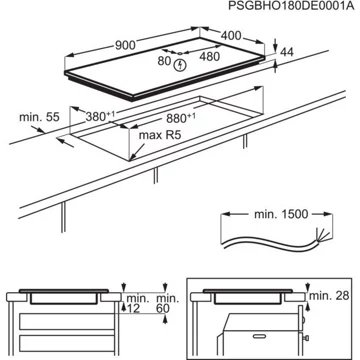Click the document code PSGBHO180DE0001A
(x=290, y=7)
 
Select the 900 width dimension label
(x=125, y=45)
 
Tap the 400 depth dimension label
(x=231, y=35)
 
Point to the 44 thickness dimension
(x=287, y=52)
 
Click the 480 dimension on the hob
(x=210, y=57)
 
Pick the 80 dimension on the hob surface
(x=164, y=61)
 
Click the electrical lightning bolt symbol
(x=180, y=64)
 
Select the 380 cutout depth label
(x=100, y=116)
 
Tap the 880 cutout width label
(x=181, y=118)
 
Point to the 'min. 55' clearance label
(x=39, y=117)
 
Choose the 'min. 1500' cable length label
(x=281, y=214)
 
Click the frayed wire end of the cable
(x=324, y=234)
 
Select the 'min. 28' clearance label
(x=329, y=295)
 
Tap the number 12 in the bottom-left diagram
(x=133, y=309)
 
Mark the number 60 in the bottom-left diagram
(x=163, y=309)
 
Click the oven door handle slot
(x=262, y=337)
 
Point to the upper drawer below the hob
(x=67, y=322)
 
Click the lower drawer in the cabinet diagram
(x=67, y=343)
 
